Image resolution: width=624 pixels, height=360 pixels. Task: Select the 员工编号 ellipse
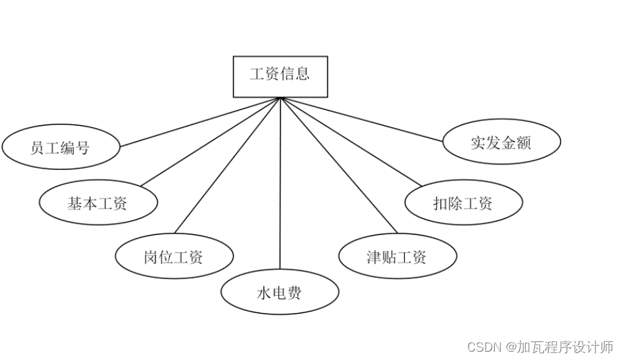[61, 147]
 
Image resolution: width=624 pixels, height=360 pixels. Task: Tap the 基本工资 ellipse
[97, 203]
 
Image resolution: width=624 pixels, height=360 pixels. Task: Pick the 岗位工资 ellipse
[173, 257]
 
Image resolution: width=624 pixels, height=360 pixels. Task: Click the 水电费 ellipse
[280, 293]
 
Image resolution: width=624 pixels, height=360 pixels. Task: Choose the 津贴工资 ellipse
[397, 257]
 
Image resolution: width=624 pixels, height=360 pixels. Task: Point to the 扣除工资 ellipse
[463, 203]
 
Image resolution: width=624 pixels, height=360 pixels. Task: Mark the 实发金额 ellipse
[501, 143]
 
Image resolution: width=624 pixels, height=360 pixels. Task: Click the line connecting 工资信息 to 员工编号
[200, 122]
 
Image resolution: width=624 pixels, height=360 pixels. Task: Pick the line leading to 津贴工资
[339, 165]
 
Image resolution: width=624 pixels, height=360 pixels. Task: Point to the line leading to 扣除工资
[349, 141]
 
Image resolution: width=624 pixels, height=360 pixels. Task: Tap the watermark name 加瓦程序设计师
[565, 347]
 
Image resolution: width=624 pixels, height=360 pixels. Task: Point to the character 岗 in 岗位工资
[151, 257]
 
